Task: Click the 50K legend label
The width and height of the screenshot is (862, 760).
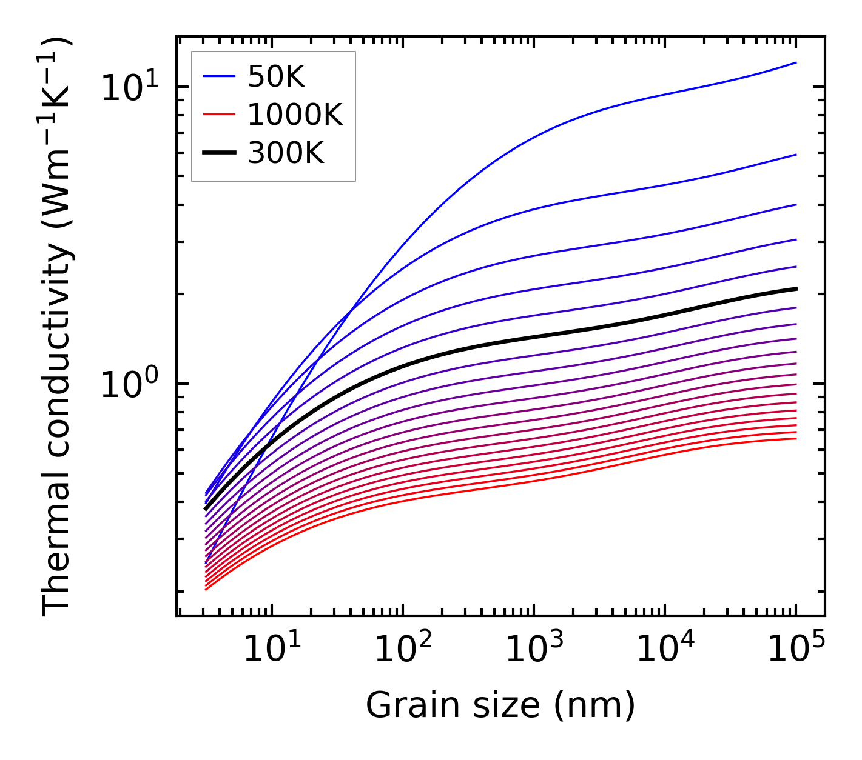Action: (x=276, y=76)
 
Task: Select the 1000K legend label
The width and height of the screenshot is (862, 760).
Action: (x=295, y=115)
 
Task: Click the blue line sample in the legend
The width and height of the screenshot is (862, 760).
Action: (x=218, y=76)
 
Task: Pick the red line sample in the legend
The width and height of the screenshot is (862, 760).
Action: (x=218, y=115)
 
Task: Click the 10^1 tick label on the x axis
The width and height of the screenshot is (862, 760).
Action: (x=272, y=650)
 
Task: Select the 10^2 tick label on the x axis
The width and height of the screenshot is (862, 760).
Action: (x=403, y=650)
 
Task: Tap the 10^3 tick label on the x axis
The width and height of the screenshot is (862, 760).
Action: (x=534, y=650)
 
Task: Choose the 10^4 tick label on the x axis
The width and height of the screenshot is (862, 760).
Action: (x=665, y=650)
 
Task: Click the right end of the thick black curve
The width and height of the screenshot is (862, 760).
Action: (x=796, y=288)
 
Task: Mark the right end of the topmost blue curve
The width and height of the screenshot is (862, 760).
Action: (x=796, y=62)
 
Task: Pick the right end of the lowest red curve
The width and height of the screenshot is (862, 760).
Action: (x=796, y=438)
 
